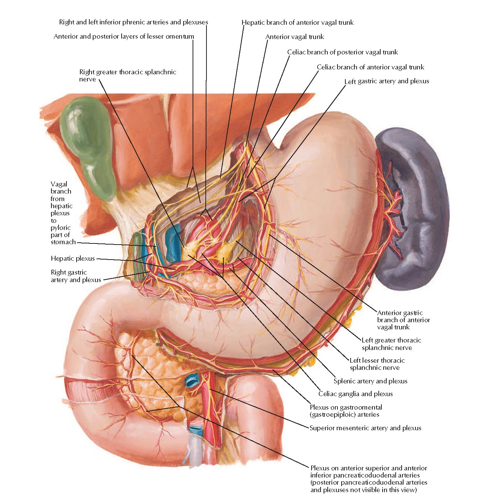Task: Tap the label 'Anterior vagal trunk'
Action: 295,37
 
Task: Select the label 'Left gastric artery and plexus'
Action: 387,81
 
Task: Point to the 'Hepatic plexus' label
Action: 73,258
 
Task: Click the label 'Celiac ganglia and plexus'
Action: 355,394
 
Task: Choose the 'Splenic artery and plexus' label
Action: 371,381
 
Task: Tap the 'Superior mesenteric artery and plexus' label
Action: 365,428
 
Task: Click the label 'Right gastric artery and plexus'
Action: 76,276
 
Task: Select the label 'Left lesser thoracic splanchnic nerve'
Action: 377,364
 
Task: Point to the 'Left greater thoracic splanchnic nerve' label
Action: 391,344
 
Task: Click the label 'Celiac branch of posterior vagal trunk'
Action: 342,52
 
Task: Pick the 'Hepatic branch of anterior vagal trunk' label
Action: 298,23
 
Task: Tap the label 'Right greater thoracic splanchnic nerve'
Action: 127,75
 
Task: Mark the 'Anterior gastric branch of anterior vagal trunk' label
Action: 403,320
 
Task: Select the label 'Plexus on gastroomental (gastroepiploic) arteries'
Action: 346,411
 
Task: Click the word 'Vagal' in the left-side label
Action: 59,184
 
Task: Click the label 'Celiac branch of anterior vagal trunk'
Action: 371,67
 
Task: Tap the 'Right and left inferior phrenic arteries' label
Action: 133,22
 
